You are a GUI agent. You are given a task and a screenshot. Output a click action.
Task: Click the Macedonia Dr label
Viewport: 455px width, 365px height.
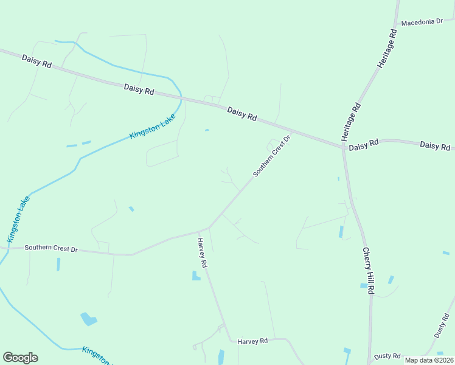point(422,21)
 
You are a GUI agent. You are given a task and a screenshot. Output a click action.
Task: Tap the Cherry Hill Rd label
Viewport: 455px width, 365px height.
point(367,270)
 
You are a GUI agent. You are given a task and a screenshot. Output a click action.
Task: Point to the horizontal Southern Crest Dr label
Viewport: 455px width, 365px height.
point(51,249)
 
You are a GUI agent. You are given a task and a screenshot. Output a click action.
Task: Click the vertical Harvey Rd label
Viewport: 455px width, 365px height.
point(203,253)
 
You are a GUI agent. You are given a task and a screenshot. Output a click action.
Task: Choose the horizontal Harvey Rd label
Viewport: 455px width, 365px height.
point(252,341)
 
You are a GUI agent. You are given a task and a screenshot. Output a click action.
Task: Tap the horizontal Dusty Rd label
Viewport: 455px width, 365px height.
point(387,356)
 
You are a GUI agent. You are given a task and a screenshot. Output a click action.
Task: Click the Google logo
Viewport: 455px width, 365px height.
point(20,357)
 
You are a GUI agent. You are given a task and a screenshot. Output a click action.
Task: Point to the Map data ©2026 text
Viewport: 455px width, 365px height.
point(429,360)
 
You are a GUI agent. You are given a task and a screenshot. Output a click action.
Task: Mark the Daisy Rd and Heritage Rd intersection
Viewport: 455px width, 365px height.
point(342,147)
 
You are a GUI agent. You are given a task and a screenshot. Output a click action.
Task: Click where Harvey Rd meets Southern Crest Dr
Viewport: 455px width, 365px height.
point(209,228)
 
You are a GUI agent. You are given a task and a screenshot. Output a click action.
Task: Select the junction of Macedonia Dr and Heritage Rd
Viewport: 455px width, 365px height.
point(396,25)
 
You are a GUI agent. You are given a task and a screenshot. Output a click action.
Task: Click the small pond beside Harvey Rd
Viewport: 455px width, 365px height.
point(196,276)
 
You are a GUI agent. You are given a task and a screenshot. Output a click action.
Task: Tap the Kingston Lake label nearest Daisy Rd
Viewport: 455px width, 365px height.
point(152,127)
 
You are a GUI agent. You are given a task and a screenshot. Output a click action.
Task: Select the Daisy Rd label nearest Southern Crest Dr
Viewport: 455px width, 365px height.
point(242,114)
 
